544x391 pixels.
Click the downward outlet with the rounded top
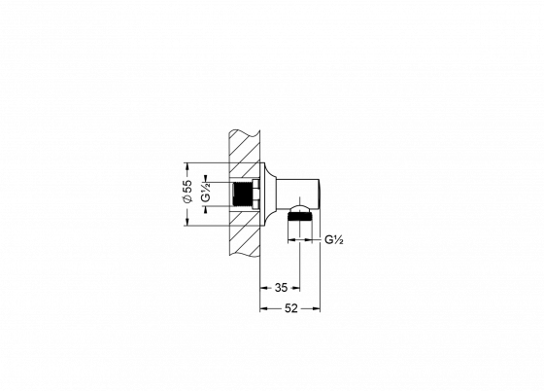tap(306, 226)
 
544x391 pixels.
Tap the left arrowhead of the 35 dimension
tap(262, 287)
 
